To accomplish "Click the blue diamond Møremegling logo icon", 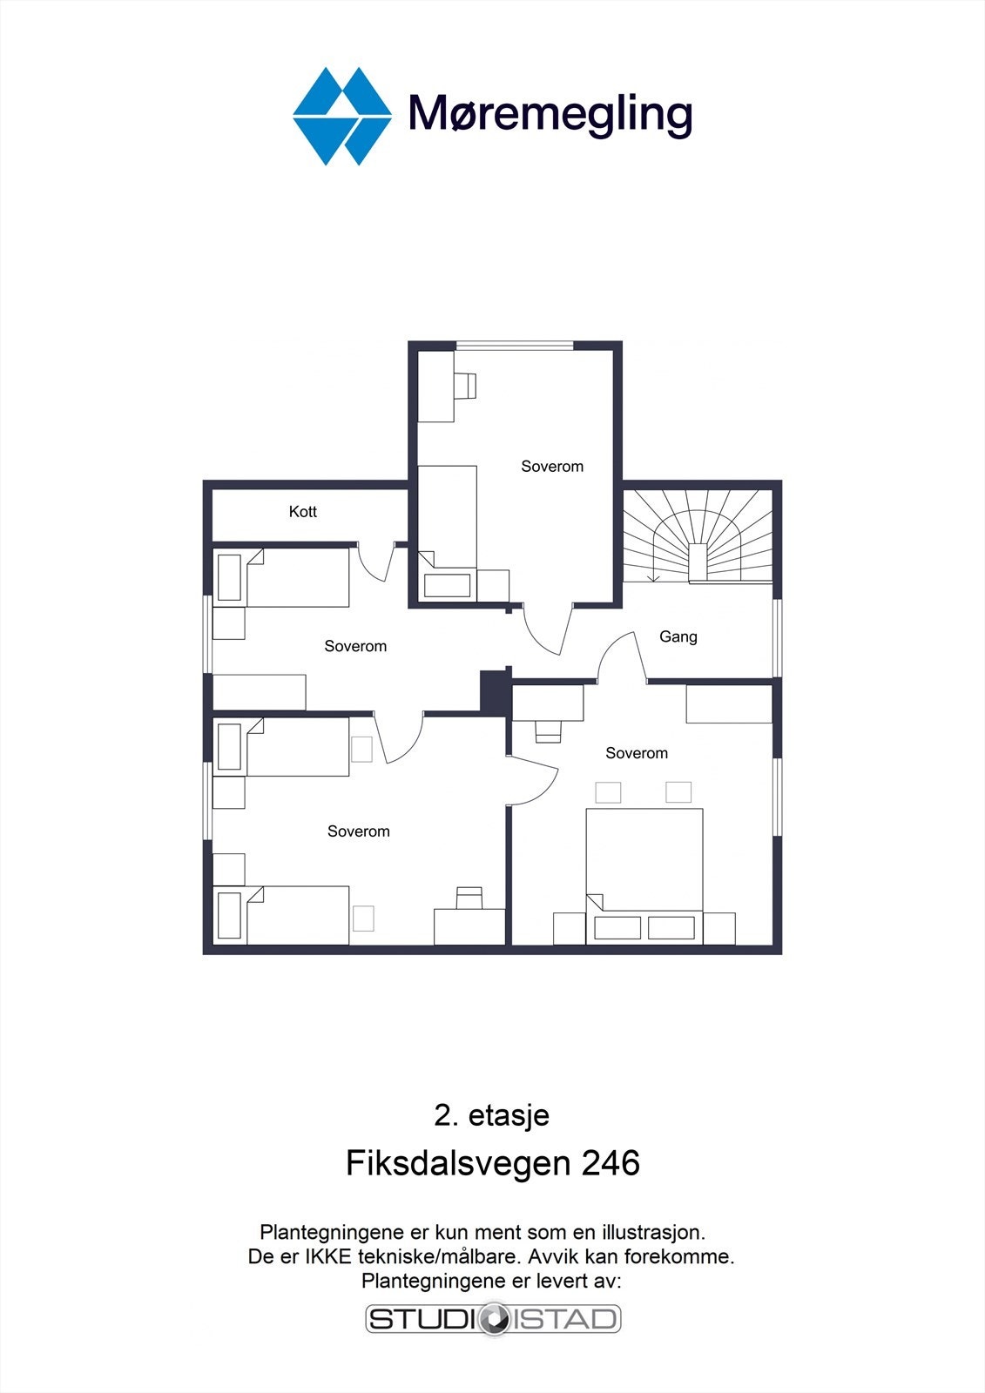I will [341, 116].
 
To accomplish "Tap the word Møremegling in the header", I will [550, 114].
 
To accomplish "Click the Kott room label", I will [302, 512].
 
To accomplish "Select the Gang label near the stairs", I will [678, 636].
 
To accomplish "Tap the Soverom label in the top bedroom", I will [552, 467].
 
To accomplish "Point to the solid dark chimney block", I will [494, 693].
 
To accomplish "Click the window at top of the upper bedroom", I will [515, 347].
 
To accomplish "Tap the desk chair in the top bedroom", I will [466, 384].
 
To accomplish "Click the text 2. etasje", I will [491, 1115].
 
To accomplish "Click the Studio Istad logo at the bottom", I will [493, 1319].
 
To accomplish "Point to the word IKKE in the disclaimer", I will [330, 1257].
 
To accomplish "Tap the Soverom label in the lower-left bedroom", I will [358, 831].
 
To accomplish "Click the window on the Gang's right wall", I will [777, 637].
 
